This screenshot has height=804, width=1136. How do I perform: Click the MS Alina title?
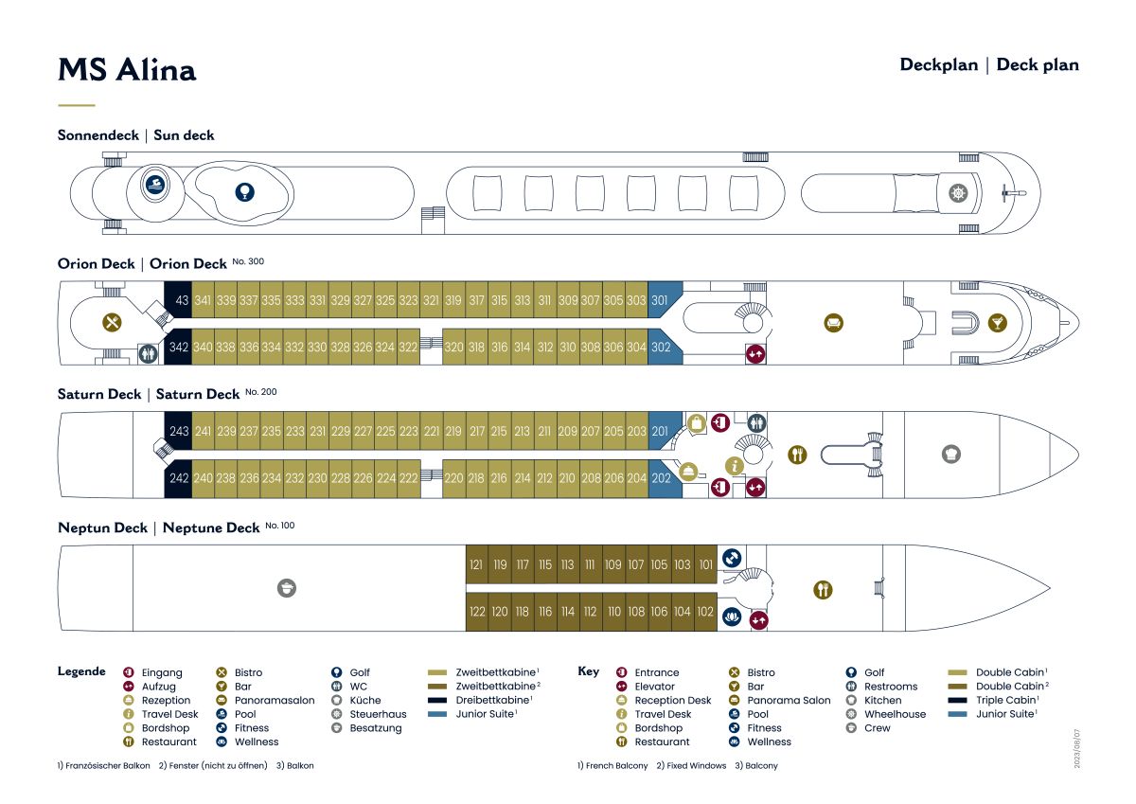click(127, 69)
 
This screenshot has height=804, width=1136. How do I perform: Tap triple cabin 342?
click(178, 347)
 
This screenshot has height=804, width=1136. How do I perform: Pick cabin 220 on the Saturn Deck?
click(453, 478)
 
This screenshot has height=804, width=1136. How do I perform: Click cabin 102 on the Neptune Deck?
click(705, 612)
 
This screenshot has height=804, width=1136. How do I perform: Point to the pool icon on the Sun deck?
click(155, 184)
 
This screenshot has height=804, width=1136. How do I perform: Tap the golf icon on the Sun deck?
click(245, 192)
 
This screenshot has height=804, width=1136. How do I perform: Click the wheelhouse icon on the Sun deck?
click(958, 193)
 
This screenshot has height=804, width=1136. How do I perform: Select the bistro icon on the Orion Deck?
click(112, 322)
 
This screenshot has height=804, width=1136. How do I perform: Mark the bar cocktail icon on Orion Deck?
click(998, 323)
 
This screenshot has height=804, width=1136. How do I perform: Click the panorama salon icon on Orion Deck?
click(834, 323)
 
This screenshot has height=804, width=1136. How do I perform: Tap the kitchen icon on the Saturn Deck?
click(951, 454)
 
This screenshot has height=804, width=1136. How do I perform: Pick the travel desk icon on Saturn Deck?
click(735, 466)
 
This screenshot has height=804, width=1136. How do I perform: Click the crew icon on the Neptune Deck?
click(287, 588)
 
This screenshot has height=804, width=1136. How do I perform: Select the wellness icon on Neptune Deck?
click(731, 616)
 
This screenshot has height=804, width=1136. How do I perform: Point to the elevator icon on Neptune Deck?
click(758, 620)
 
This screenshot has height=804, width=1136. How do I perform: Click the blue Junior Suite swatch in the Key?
click(957, 714)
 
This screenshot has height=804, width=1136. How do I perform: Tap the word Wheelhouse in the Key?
click(896, 714)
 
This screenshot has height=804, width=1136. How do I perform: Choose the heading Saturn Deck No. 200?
click(168, 394)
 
